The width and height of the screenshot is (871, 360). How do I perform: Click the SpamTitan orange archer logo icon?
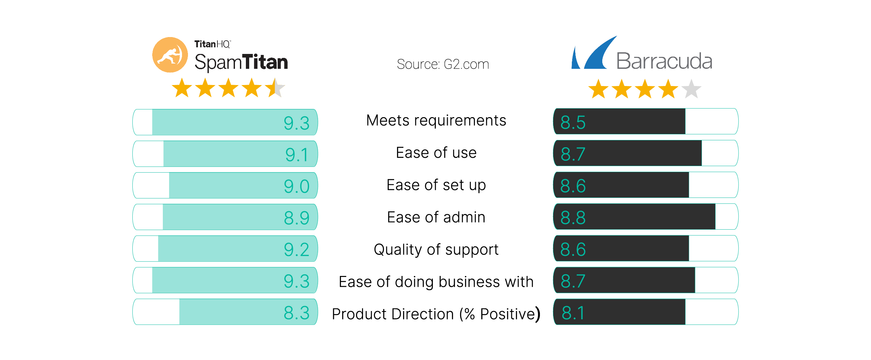click(170, 55)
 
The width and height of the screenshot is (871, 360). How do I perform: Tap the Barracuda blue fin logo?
click(595, 54)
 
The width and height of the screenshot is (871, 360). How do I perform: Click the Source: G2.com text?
click(442, 64)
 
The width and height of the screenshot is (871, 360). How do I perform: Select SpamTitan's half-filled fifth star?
click(275, 88)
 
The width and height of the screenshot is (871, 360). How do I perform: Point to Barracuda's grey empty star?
click(691, 89)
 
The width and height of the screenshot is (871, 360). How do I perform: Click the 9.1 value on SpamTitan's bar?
click(297, 155)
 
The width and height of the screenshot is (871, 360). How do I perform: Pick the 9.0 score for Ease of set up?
click(297, 186)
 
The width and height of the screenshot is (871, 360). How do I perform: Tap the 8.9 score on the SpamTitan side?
click(297, 218)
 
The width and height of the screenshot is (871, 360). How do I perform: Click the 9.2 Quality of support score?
click(297, 249)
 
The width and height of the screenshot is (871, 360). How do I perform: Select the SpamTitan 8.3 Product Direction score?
click(297, 313)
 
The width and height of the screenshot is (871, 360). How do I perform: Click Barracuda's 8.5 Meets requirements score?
click(573, 122)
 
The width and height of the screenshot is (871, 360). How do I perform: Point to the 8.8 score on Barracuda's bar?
click(573, 217)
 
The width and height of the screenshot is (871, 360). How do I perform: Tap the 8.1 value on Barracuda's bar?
click(573, 313)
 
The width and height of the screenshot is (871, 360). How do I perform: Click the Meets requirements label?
click(436, 120)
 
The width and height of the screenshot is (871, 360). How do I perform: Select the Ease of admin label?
click(436, 217)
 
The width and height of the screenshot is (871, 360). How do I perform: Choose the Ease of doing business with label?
click(436, 282)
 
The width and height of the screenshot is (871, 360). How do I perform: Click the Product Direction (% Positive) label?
click(436, 314)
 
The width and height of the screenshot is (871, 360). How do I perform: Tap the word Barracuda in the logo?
click(664, 61)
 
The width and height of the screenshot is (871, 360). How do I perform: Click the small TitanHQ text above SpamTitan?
click(212, 44)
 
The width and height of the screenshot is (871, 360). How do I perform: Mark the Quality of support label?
click(436, 249)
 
